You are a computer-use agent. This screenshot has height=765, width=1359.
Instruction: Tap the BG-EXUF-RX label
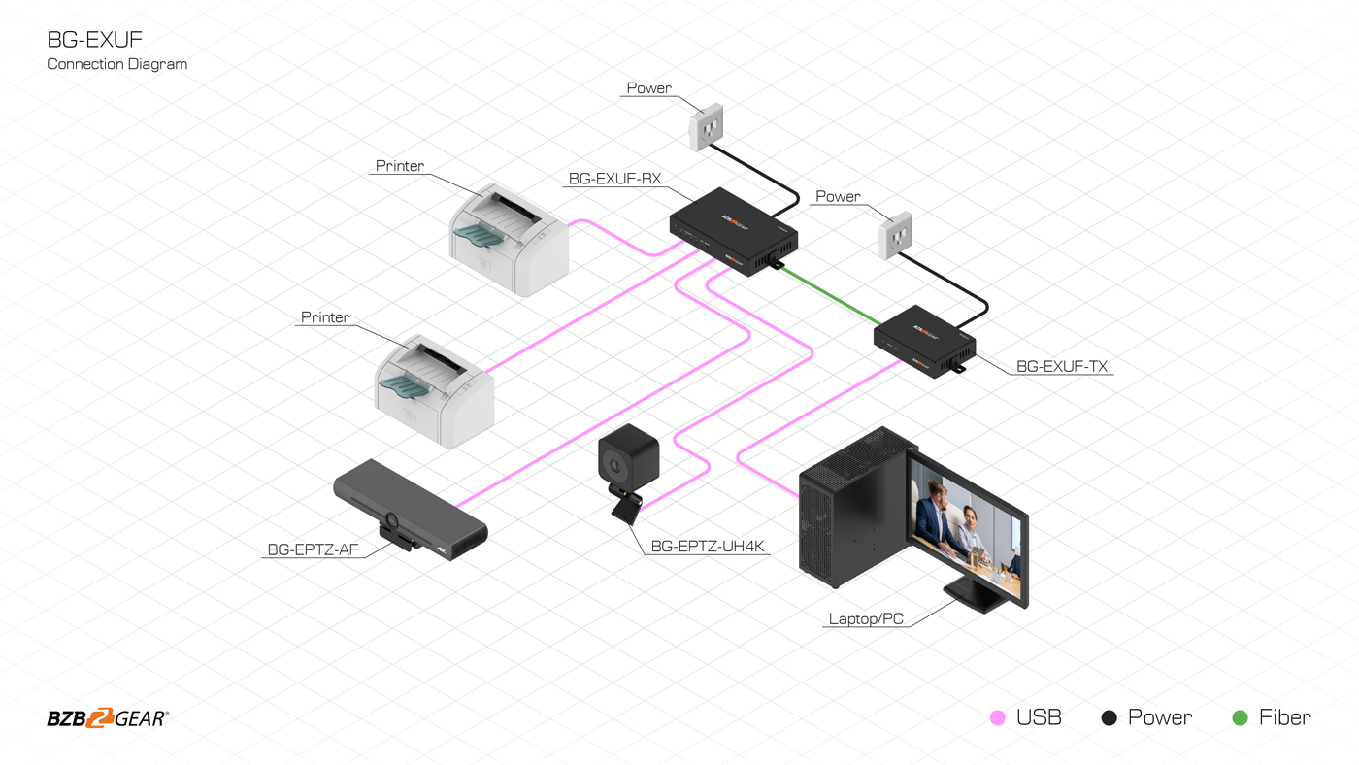click(614, 179)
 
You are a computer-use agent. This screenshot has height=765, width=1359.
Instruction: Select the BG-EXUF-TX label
click(1062, 367)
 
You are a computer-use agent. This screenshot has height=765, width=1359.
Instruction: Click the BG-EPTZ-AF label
click(313, 549)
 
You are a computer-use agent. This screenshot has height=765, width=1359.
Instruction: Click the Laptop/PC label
click(866, 618)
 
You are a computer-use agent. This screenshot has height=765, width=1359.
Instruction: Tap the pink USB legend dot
click(997, 718)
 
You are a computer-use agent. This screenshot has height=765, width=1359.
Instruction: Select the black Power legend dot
click(1110, 718)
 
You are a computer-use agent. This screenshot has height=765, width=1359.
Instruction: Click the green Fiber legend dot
click(1240, 718)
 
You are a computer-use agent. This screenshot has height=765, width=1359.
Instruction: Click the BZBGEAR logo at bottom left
click(108, 718)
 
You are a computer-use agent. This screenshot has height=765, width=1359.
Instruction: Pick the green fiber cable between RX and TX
click(831, 297)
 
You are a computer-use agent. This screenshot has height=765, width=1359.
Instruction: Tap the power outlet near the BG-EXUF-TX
click(895, 236)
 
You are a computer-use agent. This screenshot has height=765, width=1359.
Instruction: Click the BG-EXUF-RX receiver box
click(734, 231)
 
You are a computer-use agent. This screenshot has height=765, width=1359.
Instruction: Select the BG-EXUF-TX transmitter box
click(923, 340)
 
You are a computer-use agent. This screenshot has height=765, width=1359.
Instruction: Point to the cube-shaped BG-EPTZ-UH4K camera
click(628, 456)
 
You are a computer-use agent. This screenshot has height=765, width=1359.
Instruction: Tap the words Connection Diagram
click(117, 64)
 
